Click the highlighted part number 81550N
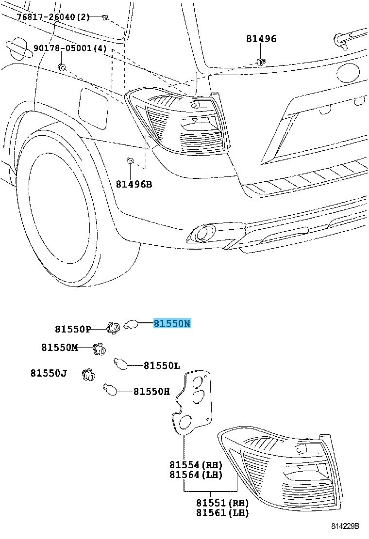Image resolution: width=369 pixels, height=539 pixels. pyautogui.click(x=172, y=323)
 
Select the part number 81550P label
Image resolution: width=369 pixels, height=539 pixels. pyautogui.click(x=73, y=330)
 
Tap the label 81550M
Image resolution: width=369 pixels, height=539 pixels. pyautogui.click(x=59, y=348)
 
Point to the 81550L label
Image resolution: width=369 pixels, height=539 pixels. pyautogui.click(x=162, y=365)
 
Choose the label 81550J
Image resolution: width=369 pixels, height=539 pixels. pyautogui.click(x=49, y=373)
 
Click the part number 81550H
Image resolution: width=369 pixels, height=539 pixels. pyautogui.click(x=151, y=391)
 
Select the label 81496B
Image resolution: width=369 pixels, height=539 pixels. pyautogui.click(x=134, y=184)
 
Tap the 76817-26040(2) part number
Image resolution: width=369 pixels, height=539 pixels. pyautogui.click(x=53, y=17)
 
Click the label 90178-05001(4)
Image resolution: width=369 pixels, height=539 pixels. pyautogui.click(x=69, y=48)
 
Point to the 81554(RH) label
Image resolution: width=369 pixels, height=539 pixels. pyautogui.click(x=196, y=464)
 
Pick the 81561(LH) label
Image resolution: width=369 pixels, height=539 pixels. pyautogui.click(x=223, y=512)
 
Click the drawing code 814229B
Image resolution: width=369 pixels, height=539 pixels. pyautogui.click(x=345, y=526)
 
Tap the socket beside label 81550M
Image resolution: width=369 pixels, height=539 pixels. pyautogui.click(x=100, y=348)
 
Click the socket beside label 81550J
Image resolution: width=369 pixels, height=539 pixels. pyautogui.click(x=88, y=374)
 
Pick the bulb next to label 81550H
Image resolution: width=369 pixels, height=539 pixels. pyautogui.click(x=110, y=389)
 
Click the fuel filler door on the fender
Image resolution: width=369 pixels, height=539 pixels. pyautogui.click(x=93, y=107)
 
